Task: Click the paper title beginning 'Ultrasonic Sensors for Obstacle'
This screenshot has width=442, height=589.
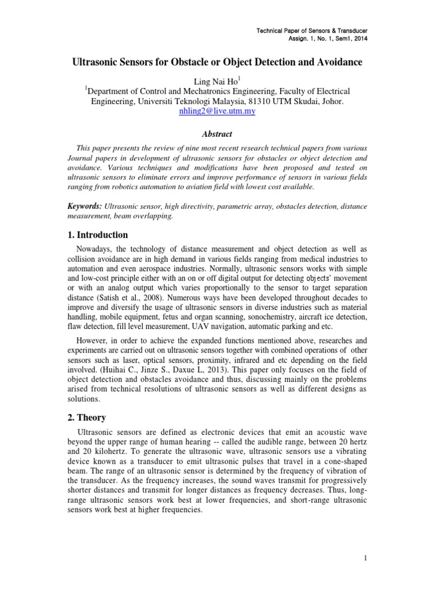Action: click(220, 61)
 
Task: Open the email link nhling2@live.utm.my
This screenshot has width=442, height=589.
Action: click(218, 112)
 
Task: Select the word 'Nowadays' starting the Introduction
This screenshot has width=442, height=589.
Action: click(94, 248)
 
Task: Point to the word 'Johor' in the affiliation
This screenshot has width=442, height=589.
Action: click(330, 101)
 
